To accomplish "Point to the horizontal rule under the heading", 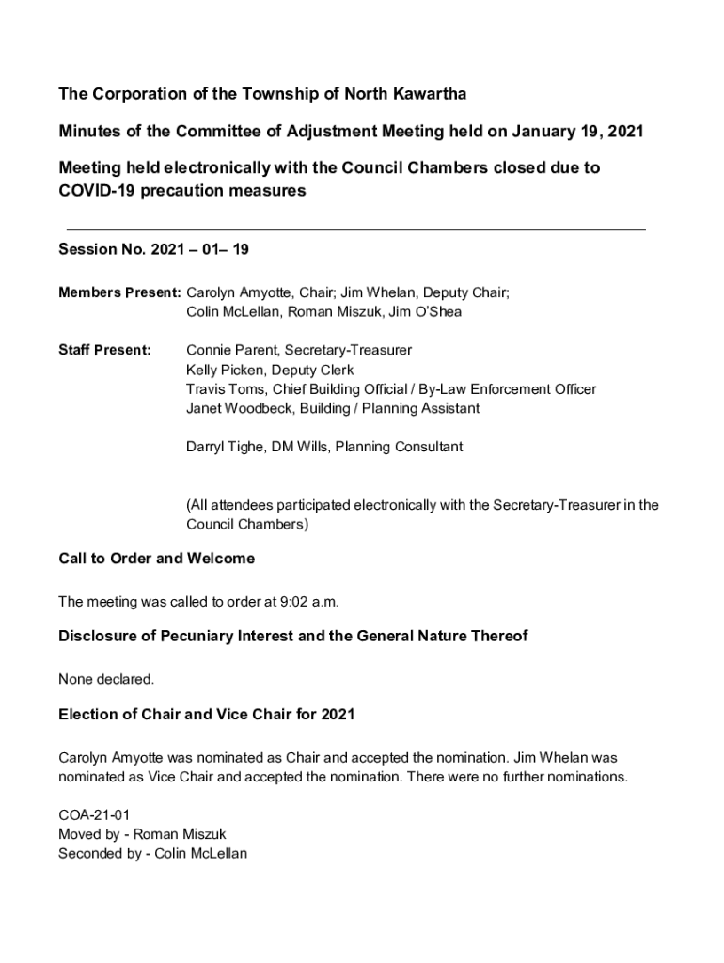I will coord(356,229).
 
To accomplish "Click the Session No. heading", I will coord(153,250).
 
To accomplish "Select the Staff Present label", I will coord(104,350).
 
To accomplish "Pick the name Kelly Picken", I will coord(225,370).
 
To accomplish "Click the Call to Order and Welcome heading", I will coord(156,559).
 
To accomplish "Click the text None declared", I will coord(105,679).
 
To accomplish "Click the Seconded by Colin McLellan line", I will coord(152,853).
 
